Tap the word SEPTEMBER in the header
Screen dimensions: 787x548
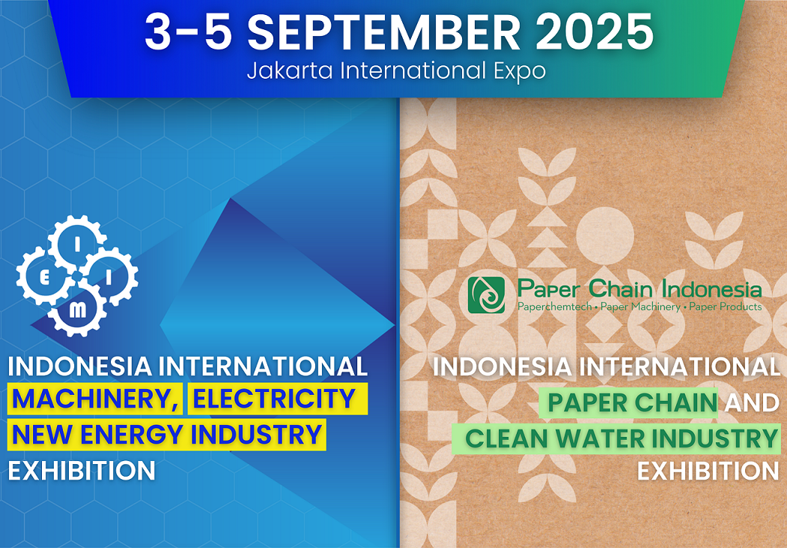pos(384,31)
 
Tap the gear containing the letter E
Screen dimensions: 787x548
pos(44,278)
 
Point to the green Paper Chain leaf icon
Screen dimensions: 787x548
pos(486,295)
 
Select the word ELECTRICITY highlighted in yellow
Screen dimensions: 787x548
pos(274,399)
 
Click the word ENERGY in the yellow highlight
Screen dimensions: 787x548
pos(133,435)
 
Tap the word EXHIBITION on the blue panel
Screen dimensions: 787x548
pos(82,471)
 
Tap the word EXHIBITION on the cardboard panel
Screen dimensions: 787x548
pos(708,471)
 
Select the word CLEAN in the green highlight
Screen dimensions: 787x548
pos(507,439)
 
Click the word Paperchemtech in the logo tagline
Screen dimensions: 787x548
pos(554,307)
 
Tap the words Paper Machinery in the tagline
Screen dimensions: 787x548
pos(640,307)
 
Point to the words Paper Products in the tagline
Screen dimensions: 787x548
pos(726,307)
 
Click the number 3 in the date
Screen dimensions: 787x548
pos(158,31)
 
